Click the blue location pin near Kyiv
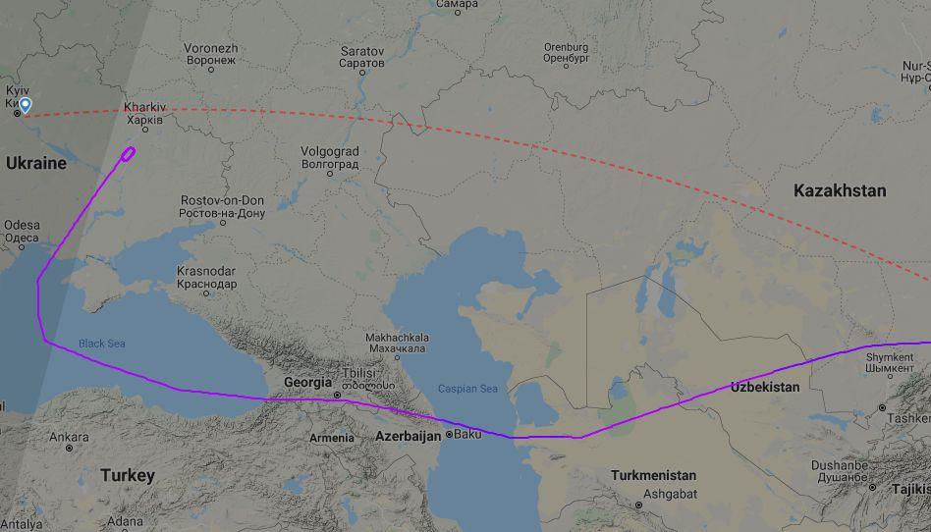[25, 105]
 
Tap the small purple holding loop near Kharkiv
[129, 152]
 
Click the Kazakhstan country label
[839, 190]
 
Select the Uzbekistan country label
[765, 387]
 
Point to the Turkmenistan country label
[653, 475]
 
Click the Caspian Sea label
[467, 389]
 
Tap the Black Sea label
[102, 344]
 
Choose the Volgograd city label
[330, 157]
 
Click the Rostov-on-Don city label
[222, 206]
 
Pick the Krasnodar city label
[206, 277]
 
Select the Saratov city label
[362, 56]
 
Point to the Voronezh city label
[211, 53]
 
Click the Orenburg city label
[566, 52]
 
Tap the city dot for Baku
[450, 434]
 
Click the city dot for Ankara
[70, 448]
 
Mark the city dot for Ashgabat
[639, 505]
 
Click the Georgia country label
[307, 383]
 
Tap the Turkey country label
[128, 475]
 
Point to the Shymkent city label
[890, 363]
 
